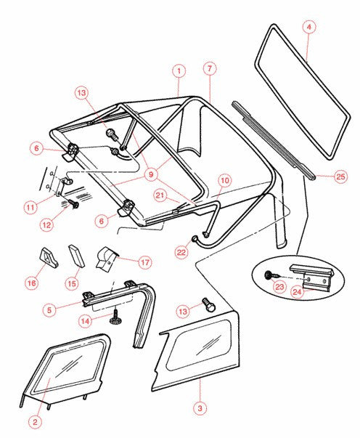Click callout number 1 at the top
click(178, 71)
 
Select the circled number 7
click(209, 68)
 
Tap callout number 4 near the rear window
click(309, 27)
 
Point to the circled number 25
click(340, 176)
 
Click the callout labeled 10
click(224, 179)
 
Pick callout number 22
click(181, 251)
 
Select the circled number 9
click(150, 174)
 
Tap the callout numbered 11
click(30, 208)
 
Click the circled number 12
click(46, 225)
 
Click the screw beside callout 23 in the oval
click(269, 275)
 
